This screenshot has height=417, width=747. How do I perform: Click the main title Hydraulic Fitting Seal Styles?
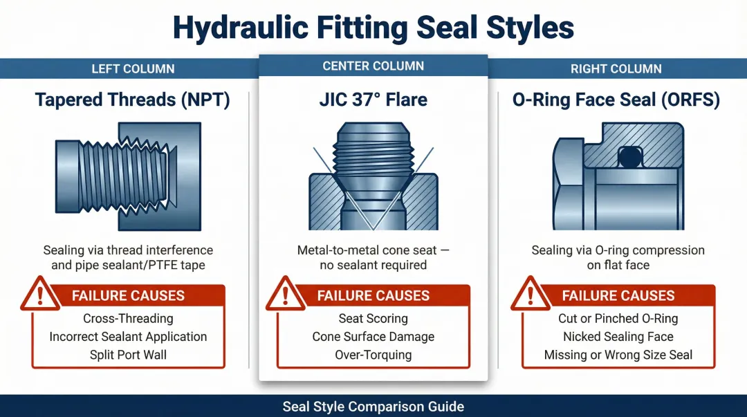(373, 28)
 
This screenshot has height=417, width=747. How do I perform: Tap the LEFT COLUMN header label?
(133, 68)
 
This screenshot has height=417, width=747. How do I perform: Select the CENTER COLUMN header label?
(373, 66)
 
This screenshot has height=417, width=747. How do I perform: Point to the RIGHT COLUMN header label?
(616, 68)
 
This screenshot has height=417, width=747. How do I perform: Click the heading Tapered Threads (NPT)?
(133, 100)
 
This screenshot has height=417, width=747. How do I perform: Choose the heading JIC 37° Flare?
(373, 100)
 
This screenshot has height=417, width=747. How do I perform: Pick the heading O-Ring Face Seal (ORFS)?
(616, 100)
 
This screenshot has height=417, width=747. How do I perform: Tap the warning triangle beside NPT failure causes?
(39, 295)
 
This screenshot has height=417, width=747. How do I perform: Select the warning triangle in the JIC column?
(285, 295)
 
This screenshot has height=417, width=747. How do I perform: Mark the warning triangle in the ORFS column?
(530, 295)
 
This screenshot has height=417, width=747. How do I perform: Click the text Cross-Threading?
(128, 319)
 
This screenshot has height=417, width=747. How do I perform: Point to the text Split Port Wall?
(128, 355)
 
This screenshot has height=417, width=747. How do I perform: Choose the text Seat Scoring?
(373, 319)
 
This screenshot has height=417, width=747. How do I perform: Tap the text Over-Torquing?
(373, 355)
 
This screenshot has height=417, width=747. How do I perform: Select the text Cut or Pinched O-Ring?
(618, 319)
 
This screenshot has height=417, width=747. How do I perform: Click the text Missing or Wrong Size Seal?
(618, 355)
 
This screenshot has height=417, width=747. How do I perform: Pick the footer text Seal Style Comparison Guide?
(373, 407)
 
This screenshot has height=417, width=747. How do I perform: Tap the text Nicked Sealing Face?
(618, 337)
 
